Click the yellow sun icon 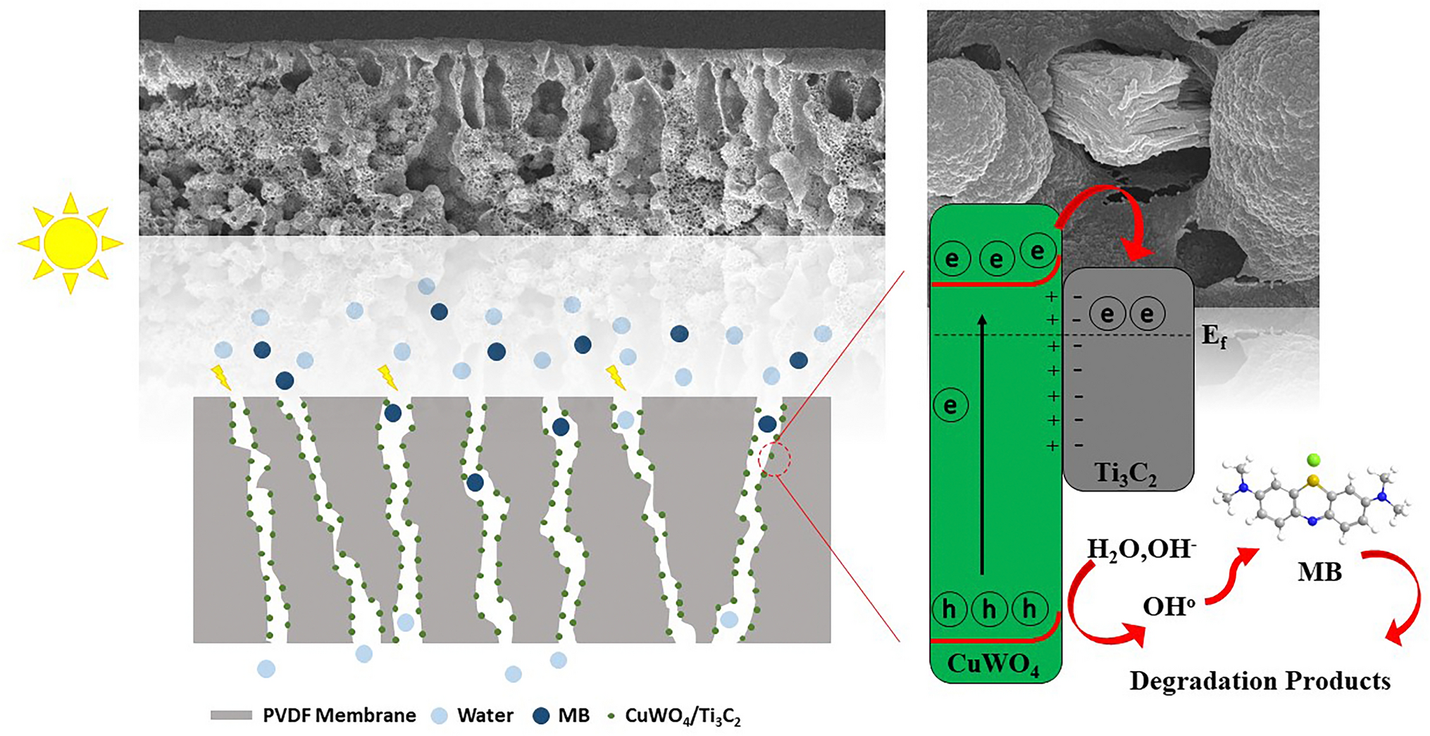pos(70,243)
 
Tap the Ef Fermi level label pos(1213,337)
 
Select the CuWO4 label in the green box pos(993,663)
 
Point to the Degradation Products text pos(1260,681)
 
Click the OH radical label pos(1169,606)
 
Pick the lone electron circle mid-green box pos(950,405)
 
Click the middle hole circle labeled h pos(989,609)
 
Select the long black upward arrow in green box pos(982,444)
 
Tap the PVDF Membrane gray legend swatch pos(231,716)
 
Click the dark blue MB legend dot pos(541,716)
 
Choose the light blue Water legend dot pos(440,716)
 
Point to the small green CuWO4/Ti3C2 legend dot pos(611,716)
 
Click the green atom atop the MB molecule pos(1312,461)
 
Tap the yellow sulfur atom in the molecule pos(1312,481)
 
